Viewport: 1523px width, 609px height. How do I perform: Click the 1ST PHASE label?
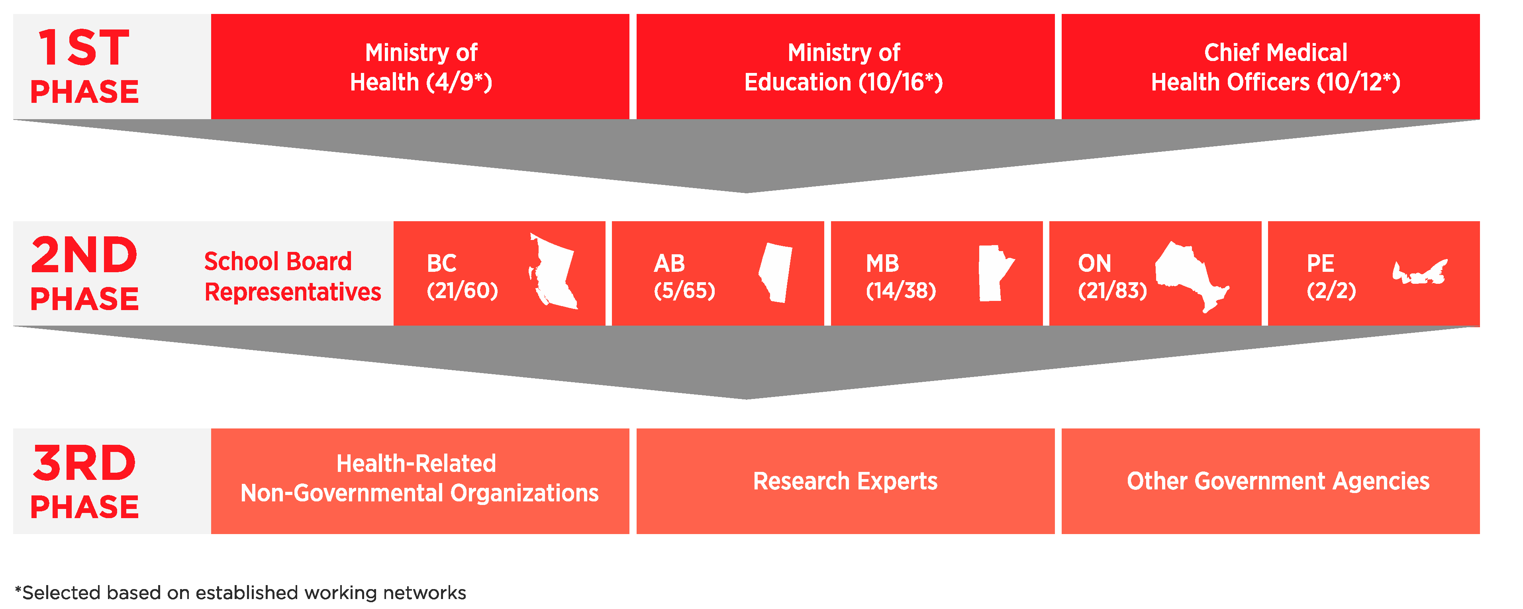[84, 66]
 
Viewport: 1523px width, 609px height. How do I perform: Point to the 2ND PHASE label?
[84, 273]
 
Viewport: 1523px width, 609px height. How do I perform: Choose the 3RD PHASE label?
[84, 481]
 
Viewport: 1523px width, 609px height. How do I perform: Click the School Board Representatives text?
[292, 277]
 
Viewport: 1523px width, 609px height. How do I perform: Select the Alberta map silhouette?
[775, 273]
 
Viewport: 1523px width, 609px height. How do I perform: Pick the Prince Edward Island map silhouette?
[1419, 272]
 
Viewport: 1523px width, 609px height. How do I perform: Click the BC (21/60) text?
[463, 277]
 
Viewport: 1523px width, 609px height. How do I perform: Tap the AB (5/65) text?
[684, 277]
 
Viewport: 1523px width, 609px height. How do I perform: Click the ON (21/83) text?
[1112, 277]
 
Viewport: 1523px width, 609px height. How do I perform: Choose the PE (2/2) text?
[1331, 277]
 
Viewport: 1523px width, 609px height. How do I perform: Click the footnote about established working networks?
[240, 592]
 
